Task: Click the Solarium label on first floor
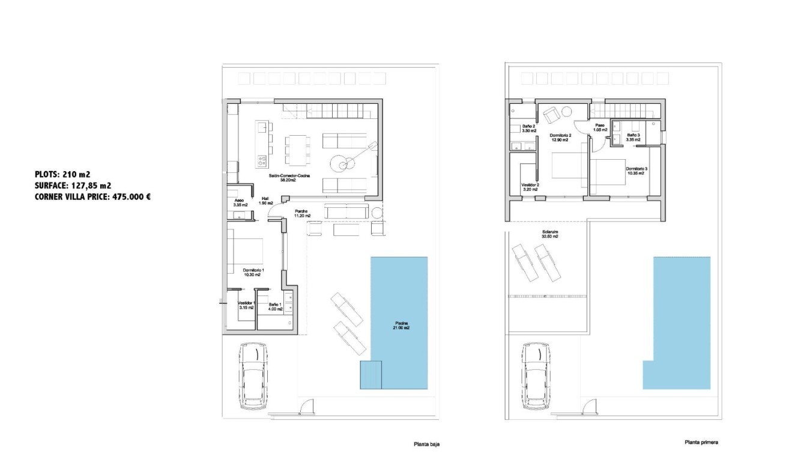(546, 234)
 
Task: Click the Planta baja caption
(426, 444)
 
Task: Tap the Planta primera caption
(700, 443)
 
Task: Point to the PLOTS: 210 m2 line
(62, 174)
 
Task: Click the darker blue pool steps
(371, 375)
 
